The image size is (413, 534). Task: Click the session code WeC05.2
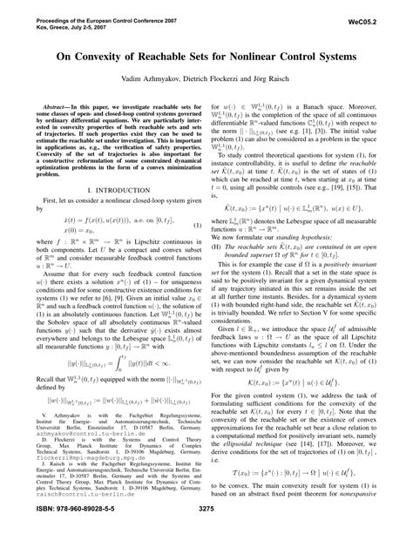[x=377, y=11]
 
